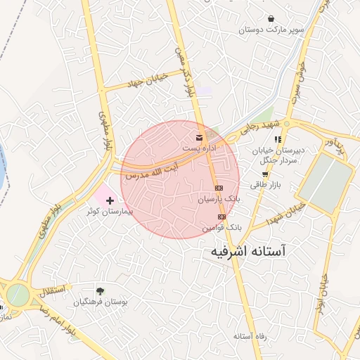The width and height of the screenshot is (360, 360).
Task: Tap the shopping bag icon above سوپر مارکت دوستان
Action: (271, 18)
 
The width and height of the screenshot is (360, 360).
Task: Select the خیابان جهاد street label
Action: (144, 80)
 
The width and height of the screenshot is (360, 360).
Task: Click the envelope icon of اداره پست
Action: (200, 136)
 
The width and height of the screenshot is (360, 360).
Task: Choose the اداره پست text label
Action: (195, 148)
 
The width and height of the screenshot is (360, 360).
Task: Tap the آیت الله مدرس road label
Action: (151, 172)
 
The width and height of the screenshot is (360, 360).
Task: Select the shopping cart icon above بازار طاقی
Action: (264, 174)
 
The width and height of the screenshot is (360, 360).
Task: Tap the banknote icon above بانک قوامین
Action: (222, 217)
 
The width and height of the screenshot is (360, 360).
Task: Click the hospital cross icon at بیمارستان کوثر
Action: (109, 201)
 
